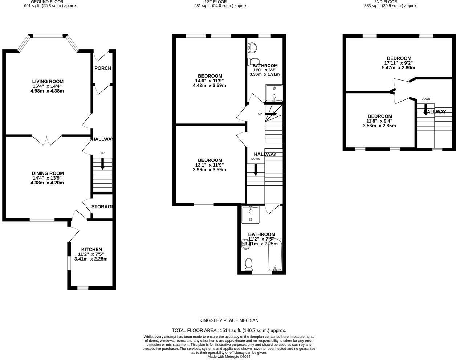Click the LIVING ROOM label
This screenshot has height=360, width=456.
(x=48, y=81)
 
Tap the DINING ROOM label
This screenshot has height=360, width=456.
(x=47, y=173)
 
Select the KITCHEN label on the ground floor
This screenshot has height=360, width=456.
(x=91, y=249)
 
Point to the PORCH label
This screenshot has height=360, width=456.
(x=103, y=68)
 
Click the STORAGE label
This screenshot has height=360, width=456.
(x=102, y=207)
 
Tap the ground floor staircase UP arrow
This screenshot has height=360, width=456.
(x=102, y=165)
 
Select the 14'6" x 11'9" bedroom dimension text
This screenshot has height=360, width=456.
(x=210, y=81)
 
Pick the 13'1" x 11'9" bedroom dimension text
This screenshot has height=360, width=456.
(x=210, y=165)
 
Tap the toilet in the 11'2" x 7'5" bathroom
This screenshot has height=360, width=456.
(x=249, y=264)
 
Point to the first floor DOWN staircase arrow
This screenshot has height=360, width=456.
(x=256, y=169)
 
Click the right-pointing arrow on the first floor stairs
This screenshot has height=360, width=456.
(x=271, y=114)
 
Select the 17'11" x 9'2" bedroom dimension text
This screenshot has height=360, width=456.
(x=399, y=63)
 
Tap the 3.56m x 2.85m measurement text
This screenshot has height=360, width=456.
(x=379, y=126)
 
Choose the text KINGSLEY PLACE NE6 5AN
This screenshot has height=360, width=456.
(x=229, y=320)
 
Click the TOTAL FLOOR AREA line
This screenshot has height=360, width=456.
(x=229, y=330)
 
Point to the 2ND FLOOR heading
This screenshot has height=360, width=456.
(x=391, y=2)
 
